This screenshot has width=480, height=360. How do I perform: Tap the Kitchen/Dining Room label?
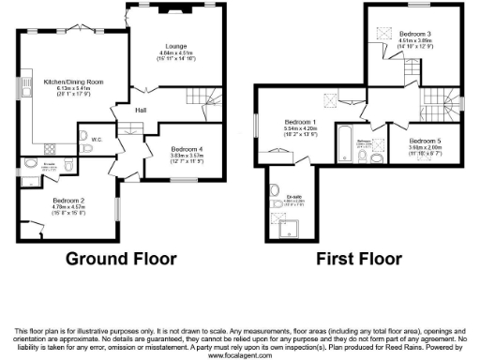pos(73,82)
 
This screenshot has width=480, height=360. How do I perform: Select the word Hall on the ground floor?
pos(140,110)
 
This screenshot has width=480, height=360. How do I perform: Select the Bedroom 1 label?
pos(301,123)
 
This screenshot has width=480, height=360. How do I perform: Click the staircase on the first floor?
pos(434,98)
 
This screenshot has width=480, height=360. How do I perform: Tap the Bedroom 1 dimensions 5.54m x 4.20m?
pos(301,129)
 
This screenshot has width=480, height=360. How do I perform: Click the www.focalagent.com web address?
pos(239,356)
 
